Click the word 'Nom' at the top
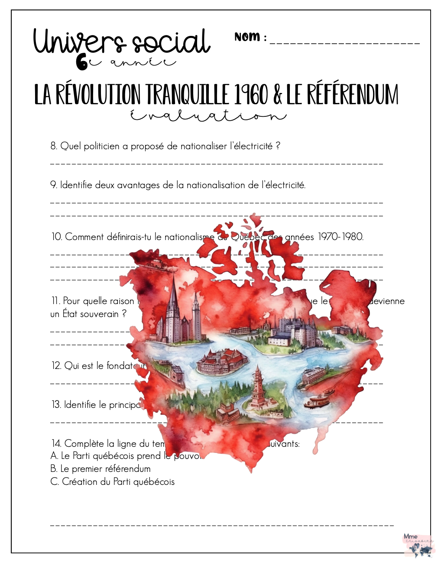247,37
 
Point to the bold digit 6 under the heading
81,63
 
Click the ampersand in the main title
278,95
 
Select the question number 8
54,146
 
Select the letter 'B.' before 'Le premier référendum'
54,469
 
